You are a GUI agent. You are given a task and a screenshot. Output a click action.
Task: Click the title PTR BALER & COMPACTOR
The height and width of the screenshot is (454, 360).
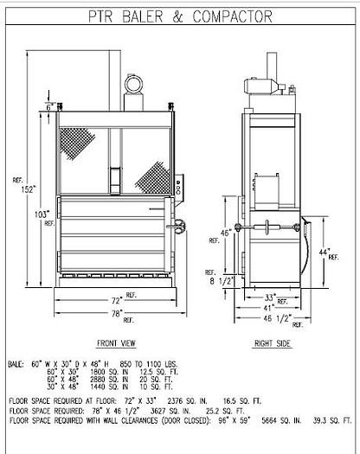[x=179, y=15]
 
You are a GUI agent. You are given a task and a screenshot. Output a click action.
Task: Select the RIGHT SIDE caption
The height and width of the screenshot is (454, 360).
[x=271, y=341]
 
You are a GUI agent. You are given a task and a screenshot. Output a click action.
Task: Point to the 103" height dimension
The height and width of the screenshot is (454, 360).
[x=38, y=213]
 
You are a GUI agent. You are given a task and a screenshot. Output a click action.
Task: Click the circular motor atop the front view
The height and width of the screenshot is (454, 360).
[x=134, y=84]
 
